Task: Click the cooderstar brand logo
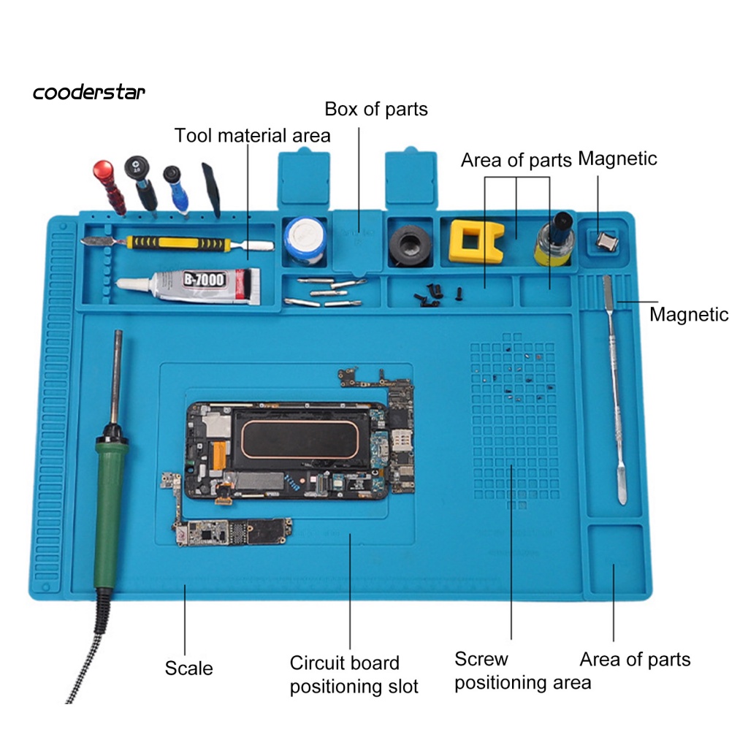pyautogui.click(x=89, y=93)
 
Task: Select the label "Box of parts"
pyautogui.click(x=376, y=110)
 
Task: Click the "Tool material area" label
pyautogui.click(x=252, y=136)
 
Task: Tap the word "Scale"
pyautogui.click(x=188, y=668)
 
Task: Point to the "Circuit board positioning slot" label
pyautogui.click(x=354, y=674)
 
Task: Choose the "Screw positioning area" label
pyautogui.click(x=522, y=671)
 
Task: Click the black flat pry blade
pyautogui.click(x=212, y=188)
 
